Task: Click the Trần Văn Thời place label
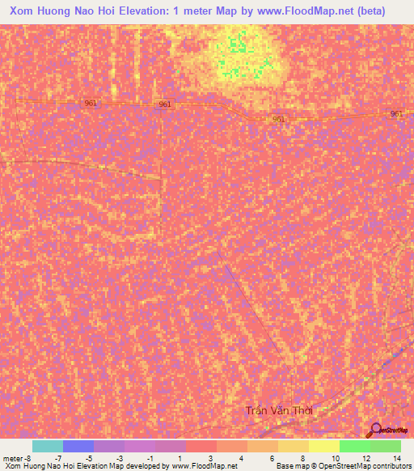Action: coord(279,411)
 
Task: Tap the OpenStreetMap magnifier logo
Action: coord(375,429)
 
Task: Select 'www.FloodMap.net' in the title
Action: coord(303,11)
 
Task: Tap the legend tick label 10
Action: coord(335,457)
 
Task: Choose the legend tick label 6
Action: coord(272,457)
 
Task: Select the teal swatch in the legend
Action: coord(48,446)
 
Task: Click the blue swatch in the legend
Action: coord(78,446)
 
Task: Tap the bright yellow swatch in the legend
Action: coord(323,446)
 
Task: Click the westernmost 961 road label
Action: coord(90,103)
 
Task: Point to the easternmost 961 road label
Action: coord(396,114)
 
